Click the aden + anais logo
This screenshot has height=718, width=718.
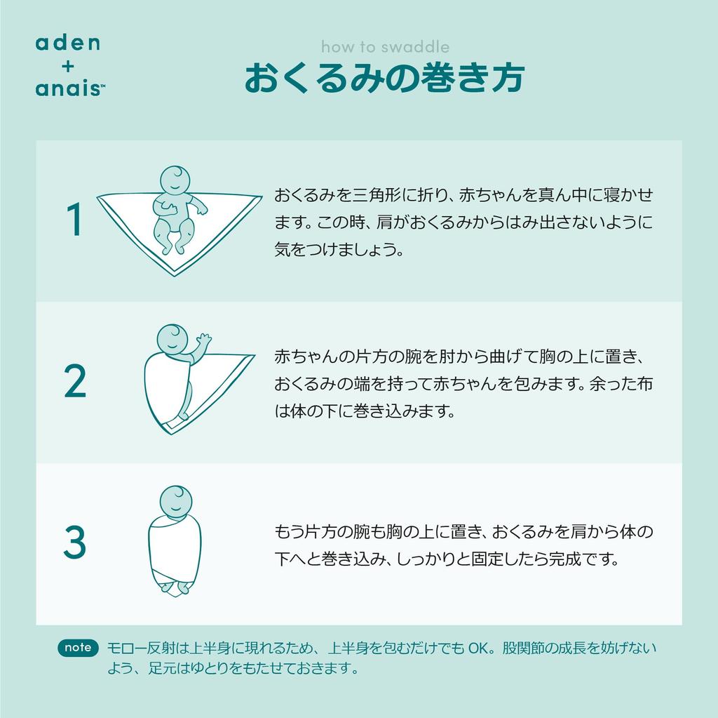67,65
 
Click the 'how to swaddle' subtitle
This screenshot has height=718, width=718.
385,47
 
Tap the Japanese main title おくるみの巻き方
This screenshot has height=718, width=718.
384,79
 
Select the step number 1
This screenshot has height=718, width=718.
74,221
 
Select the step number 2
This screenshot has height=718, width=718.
74,383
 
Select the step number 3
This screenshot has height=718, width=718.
74,543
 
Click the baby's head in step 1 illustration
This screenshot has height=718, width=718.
175,180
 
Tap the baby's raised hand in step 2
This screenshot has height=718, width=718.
203,340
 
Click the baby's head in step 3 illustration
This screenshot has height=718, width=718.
175,500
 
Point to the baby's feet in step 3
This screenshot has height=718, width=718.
175,587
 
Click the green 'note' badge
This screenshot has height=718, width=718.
77,648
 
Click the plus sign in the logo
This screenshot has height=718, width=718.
67,65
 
